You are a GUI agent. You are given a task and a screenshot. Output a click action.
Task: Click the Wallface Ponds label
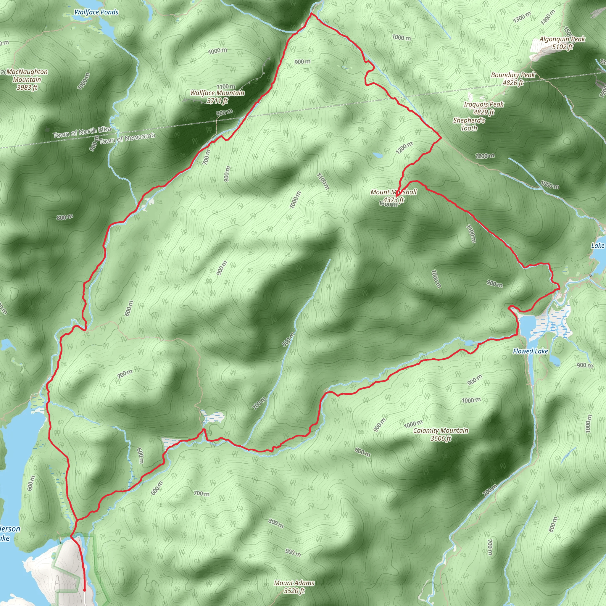pyautogui.click(x=96, y=12)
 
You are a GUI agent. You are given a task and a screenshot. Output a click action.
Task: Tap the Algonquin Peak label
pyautogui.click(x=562, y=39)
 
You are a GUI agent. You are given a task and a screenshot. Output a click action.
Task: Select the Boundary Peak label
pyautogui.click(x=513, y=75)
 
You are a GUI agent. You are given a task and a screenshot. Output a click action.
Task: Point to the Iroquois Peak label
pyautogui.click(x=484, y=104)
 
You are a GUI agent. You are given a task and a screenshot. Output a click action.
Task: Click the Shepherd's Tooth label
pyautogui.click(x=469, y=124)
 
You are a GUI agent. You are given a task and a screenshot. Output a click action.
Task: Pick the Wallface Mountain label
pyautogui.click(x=217, y=93)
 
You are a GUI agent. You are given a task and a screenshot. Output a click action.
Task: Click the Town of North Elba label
pyautogui.click(x=82, y=132)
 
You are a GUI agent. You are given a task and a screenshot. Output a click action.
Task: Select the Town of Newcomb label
pyautogui.click(x=127, y=138)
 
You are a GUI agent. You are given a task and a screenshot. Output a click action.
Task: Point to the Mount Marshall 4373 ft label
pyautogui.click(x=394, y=196)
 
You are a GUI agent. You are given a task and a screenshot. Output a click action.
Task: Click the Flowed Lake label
pyautogui.click(x=531, y=351)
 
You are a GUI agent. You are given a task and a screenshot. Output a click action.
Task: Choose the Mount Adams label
pyautogui.click(x=294, y=583)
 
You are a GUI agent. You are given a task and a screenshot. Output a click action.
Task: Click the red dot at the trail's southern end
pyautogui.click(x=85, y=590)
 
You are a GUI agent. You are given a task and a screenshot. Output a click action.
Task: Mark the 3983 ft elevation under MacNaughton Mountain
pyautogui.click(x=27, y=88)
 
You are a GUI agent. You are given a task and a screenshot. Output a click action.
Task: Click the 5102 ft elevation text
pyautogui.click(x=563, y=47)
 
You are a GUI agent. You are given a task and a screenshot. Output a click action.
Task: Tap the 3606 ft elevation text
pyautogui.click(x=441, y=438)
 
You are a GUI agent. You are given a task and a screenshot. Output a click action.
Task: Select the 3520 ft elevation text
pyautogui.click(x=294, y=591)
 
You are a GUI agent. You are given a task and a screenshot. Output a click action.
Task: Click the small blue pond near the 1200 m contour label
pyautogui.click(x=378, y=155)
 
